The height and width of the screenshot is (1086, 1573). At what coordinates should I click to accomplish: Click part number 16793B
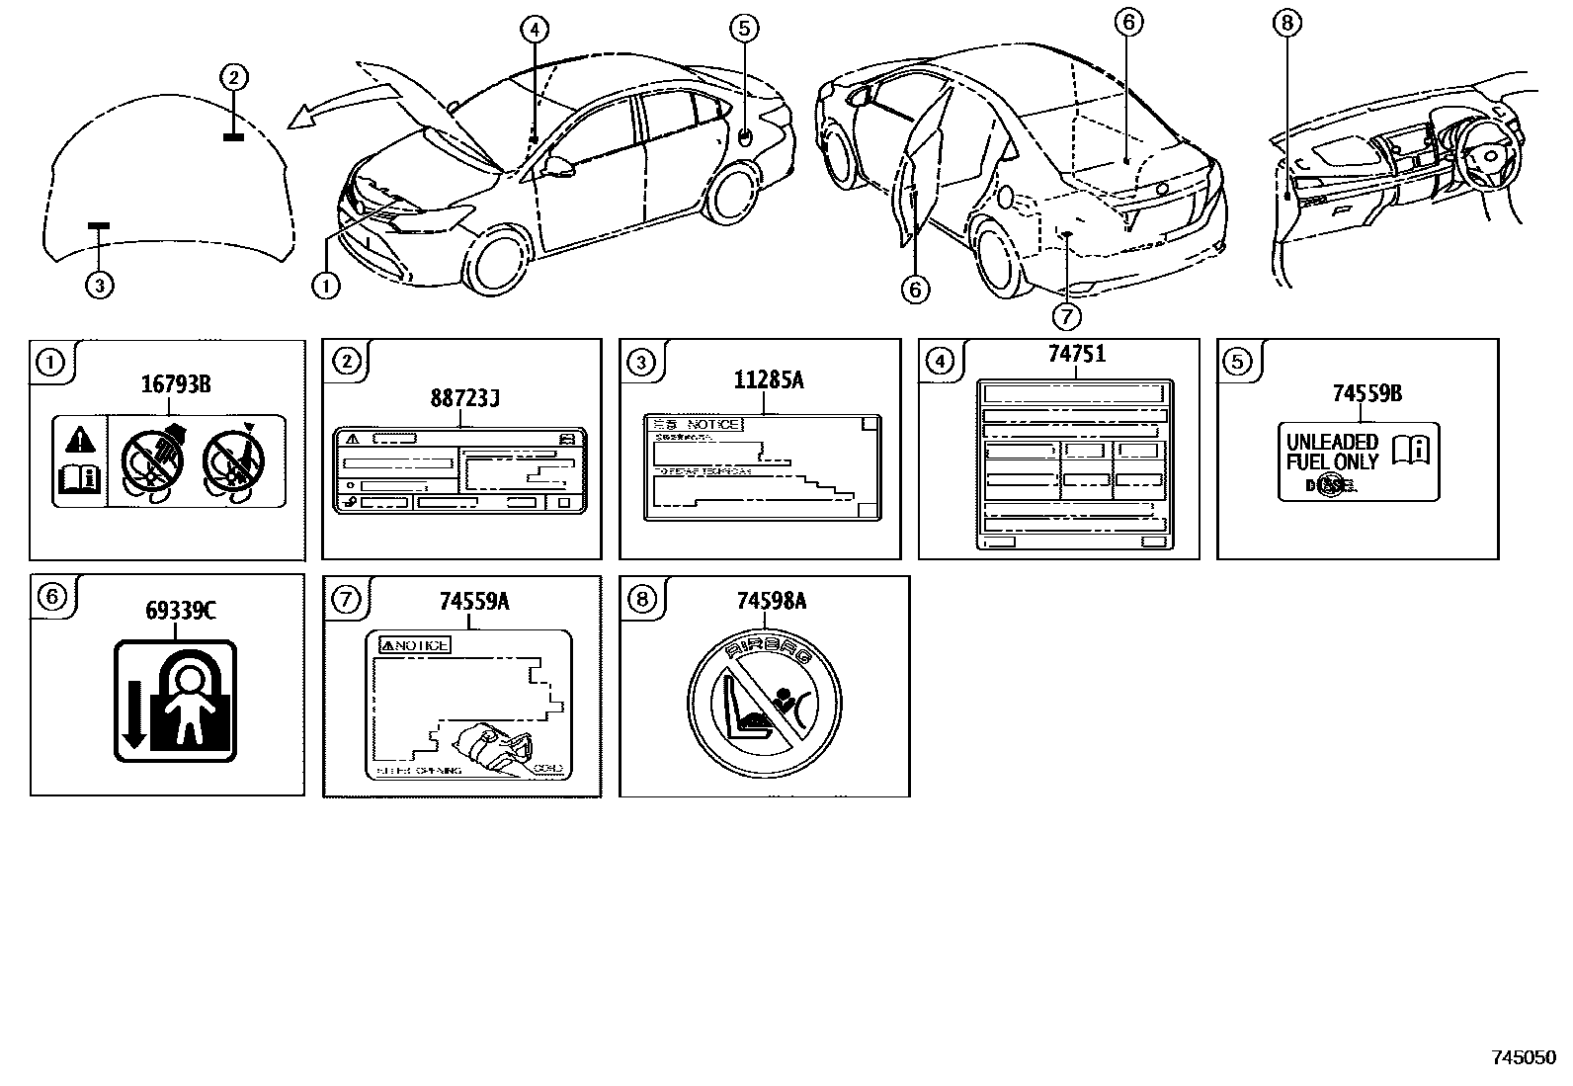click(x=175, y=385)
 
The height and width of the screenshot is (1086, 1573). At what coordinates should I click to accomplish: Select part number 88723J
click(x=464, y=400)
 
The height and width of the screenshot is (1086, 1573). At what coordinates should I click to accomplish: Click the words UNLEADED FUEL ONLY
click(x=1331, y=453)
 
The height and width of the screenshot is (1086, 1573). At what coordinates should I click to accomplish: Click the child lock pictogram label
click(x=176, y=701)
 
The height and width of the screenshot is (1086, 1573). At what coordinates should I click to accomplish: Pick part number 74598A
click(x=772, y=602)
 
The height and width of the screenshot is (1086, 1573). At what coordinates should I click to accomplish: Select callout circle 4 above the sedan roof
click(x=534, y=30)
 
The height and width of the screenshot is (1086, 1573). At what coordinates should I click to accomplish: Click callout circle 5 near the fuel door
click(x=744, y=28)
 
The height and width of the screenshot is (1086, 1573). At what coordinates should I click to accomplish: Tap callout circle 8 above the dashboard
click(x=1287, y=23)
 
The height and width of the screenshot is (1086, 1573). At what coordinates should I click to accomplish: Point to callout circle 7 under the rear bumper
click(x=1066, y=315)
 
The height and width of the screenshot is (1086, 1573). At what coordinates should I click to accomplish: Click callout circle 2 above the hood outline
click(x=233, y=77)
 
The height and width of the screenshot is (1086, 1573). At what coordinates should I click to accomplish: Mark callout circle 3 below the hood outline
click(x=99, y=286)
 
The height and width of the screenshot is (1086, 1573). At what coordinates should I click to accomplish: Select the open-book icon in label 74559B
click(x=1410, y=450)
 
